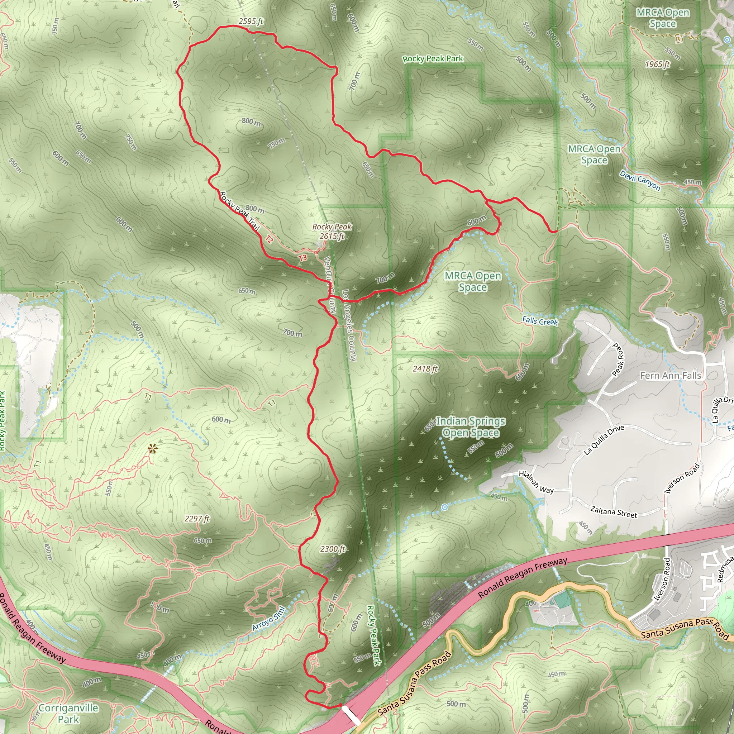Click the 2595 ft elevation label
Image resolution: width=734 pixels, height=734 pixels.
point(251,21)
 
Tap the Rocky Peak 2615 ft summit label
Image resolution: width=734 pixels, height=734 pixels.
point(332,232)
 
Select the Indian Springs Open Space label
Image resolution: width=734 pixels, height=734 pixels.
point(471,427)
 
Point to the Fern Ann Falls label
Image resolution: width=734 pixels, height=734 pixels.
point(671,376)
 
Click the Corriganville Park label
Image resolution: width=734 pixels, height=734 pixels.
point(68,714)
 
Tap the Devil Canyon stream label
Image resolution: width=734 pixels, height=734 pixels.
point(640,180)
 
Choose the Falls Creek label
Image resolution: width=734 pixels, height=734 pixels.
point(540,321)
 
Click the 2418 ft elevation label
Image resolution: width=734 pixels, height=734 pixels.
point(425,368)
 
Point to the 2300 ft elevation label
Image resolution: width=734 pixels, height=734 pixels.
point(333,549)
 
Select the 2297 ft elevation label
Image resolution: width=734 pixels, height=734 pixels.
point(197,519)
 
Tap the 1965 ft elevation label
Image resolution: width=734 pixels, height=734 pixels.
point(657,64)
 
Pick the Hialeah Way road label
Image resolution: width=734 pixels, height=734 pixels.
point(536,482)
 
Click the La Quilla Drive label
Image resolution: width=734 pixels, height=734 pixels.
point(604,439)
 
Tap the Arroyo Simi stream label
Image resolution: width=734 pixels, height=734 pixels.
point(268,618)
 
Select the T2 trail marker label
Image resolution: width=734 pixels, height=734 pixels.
point(269,239)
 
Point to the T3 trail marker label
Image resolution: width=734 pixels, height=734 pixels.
point(302,258)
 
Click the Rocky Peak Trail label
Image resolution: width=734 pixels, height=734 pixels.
point(239,211)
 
